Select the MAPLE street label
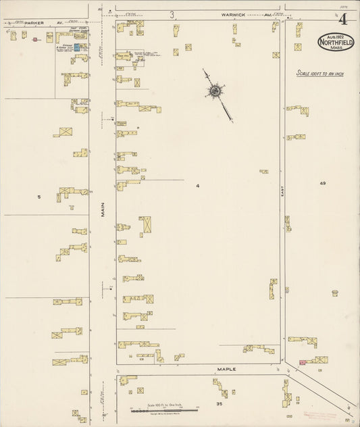click(226, 370)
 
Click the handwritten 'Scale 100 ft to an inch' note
click(319, 73)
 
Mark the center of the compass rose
click(215, 90)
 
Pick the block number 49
click(323, 184)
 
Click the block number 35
click(219, 403)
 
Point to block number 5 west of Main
click(40, 197)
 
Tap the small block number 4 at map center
click(198, 185)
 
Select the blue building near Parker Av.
click(76, 47)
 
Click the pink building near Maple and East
click(302, 363)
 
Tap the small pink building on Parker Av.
click(34, 40)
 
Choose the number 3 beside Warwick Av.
click(173, 14)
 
